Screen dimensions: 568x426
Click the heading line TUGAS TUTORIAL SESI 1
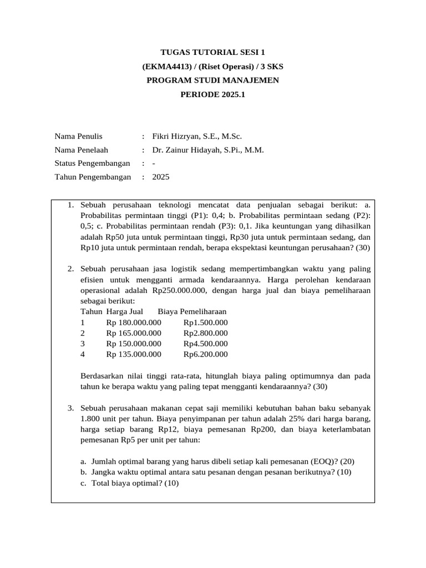coord(212,53)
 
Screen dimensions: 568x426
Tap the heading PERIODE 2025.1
coord(212,94)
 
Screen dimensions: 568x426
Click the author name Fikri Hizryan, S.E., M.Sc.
coord(197,136)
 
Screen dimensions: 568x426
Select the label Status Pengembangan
coord(92,163)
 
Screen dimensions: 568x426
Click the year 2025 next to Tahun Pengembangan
coord(161,177)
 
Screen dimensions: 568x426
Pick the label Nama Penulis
coord(78,136)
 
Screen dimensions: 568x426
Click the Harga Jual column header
coord(125,311)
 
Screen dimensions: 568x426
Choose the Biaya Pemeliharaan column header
coord(192,311)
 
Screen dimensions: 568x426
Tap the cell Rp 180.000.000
coord(134,322)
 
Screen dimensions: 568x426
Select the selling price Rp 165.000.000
coord(134,333)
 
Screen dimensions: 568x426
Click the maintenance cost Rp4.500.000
coord(205,343)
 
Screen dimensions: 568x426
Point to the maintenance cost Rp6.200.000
coord(205,354)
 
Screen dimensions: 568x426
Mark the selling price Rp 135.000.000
coord(134,354)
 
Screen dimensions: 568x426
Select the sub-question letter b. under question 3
coord(84,472)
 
